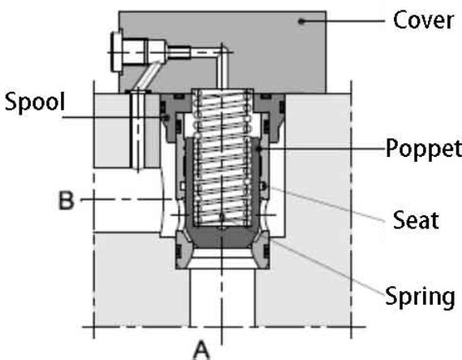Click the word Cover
click(423, 20)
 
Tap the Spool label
click(34, 102)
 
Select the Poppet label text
click(424, 148)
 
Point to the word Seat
click(416, 220)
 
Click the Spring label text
click(420, 297)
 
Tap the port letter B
click(66, 200)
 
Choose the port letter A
click(202, 350)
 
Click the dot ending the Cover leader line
click(301, 21)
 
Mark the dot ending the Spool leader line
click(166, 118)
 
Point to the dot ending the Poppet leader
click(259, 149)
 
